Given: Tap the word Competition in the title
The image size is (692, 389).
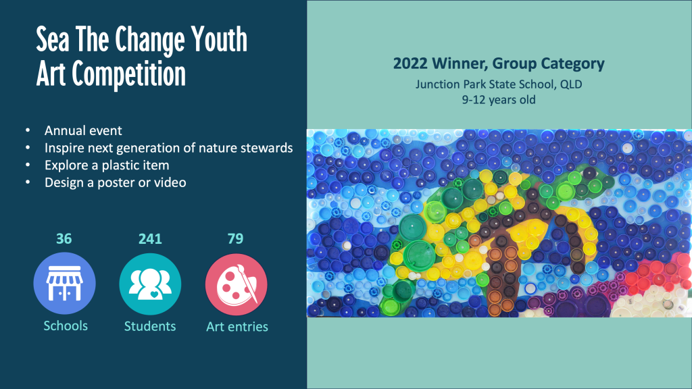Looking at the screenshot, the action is [x=129, y=74].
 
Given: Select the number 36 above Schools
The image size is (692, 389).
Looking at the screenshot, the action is [x=64, y=238].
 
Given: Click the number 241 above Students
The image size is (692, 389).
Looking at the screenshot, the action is [x=150, y=238].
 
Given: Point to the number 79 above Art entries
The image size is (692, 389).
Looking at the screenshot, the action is [x=235, y=238].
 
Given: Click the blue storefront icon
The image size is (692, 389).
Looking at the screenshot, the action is [x=64, y=283].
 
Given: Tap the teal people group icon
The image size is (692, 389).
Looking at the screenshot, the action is [x=150, y=284].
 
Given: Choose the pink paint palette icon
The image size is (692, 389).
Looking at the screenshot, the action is [x=236, y=284].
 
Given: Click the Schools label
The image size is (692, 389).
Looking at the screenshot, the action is [x=66, y=326].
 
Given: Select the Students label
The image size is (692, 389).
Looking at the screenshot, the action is [x=150, y=326].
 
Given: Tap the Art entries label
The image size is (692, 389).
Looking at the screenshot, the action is [x=237, y=327].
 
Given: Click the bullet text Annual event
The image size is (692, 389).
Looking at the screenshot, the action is [x=83, y=130].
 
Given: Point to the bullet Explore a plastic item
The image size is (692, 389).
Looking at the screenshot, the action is [x=107, y=165].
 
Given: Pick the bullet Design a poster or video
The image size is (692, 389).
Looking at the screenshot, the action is [x=115, y=182].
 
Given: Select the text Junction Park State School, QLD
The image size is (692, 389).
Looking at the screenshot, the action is [x=499, y=84].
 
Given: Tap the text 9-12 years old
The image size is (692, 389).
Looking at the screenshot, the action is [x=499, y=100].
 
